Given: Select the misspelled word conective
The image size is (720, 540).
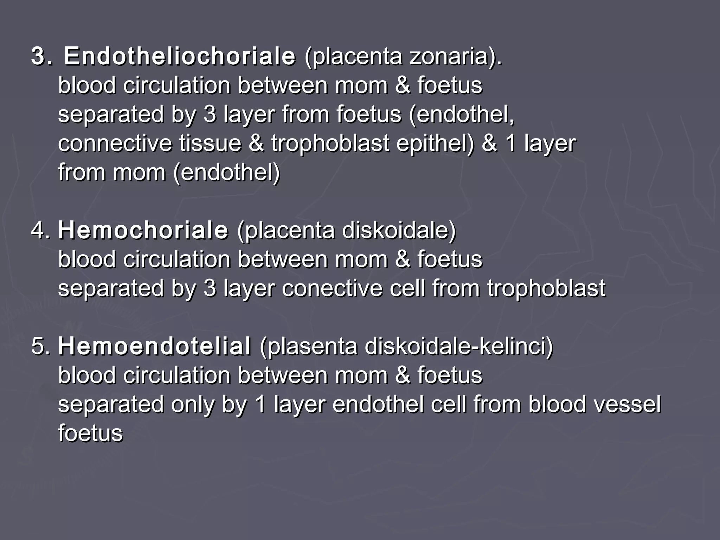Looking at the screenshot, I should tap(332, 288).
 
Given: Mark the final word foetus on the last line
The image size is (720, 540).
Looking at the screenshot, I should tap(90, 433).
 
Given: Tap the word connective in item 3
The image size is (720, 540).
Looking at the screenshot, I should tap(115, 143).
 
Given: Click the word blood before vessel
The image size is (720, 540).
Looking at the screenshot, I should tap(557, 404).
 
